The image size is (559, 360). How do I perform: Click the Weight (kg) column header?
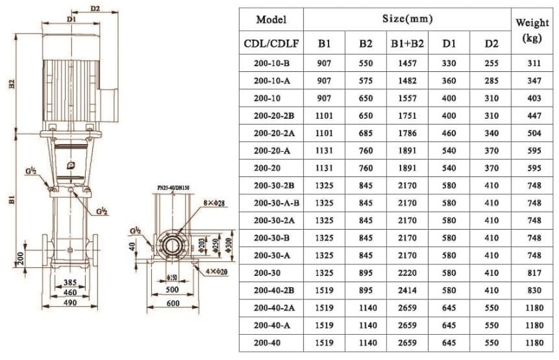tap(532, 31)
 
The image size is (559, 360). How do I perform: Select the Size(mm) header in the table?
tap(407, 18)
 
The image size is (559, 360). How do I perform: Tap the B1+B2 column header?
tap(407, 44)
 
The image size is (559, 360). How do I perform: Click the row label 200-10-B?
tap(271, 63)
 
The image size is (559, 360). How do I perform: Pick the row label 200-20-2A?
tap(271, 133)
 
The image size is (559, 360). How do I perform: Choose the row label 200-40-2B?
tap(271, 289)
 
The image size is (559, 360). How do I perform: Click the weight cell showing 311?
tap(532, 63)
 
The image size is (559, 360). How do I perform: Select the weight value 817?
tap(532, 272)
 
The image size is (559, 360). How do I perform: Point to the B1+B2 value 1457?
tap(407, 63)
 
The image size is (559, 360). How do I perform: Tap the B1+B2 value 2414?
tap(407, 289)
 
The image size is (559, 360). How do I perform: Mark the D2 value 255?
tap(491, 63)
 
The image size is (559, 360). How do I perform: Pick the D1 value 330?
tap(450, 63)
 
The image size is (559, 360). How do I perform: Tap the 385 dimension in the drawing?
tap(71, 283)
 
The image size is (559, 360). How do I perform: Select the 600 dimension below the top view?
tap(172, 303)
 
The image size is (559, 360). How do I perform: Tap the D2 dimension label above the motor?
tap(96, 9)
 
